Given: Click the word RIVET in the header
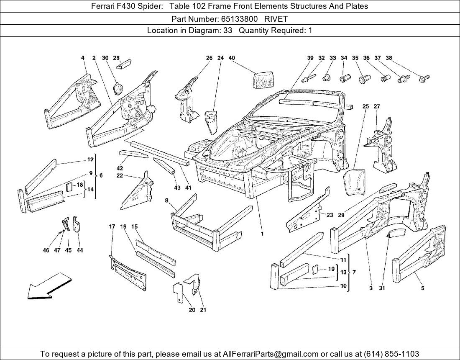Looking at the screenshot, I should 276,19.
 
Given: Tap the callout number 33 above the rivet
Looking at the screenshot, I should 332,58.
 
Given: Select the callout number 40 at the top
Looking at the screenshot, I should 231,58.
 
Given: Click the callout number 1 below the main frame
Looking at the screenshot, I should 262,234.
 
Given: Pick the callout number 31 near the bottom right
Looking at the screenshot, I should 381,288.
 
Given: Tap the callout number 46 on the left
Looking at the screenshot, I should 46,250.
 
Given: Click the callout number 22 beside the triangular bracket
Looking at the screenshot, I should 120,176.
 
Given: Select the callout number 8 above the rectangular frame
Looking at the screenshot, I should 166,201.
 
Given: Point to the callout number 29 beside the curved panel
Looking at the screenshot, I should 341,215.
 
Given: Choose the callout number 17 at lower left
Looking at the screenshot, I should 112,226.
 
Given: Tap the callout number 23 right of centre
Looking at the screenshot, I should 330,215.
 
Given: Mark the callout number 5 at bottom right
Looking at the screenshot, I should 423,288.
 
